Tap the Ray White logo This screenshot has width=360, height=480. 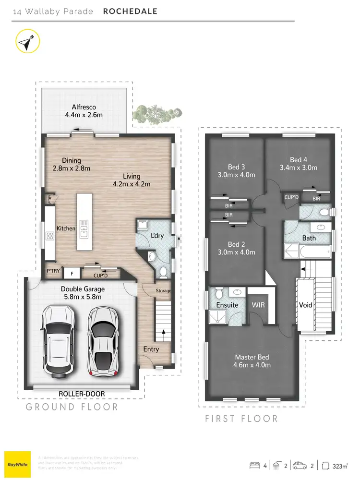(x=17, y=464)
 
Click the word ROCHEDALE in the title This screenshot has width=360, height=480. (x=130, y=11)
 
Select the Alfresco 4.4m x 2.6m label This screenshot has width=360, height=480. (x=84, y=111)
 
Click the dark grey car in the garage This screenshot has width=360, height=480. (x=104, y=342)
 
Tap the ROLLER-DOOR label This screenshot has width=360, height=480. (x=82, y=394)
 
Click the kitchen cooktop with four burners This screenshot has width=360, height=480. (x=50, y=236)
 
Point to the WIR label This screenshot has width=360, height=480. (x=258, y=305)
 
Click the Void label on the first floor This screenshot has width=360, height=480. (x=305, y=305)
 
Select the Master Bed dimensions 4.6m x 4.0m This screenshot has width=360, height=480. (x=252, y=365)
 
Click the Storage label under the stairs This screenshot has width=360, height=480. (x=163, y=291)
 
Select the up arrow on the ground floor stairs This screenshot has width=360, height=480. (x=163, y=331)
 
